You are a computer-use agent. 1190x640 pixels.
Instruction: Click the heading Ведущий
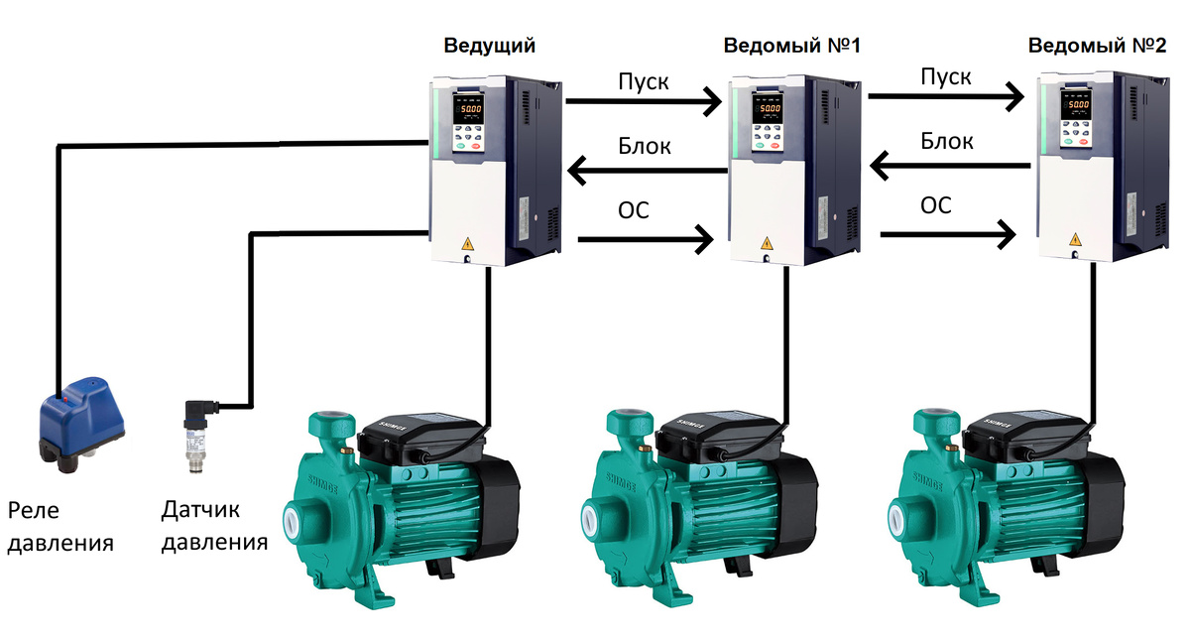[489, 46]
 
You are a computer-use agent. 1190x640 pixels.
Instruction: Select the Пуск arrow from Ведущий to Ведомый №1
[645, 100]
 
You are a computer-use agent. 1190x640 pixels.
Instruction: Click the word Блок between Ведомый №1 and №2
[947, 140]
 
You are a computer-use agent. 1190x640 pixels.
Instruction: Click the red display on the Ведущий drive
[468, 108]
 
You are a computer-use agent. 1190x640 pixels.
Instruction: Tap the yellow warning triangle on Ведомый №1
[765, 242]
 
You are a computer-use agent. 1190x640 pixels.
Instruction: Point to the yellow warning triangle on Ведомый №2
[1075, 239]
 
